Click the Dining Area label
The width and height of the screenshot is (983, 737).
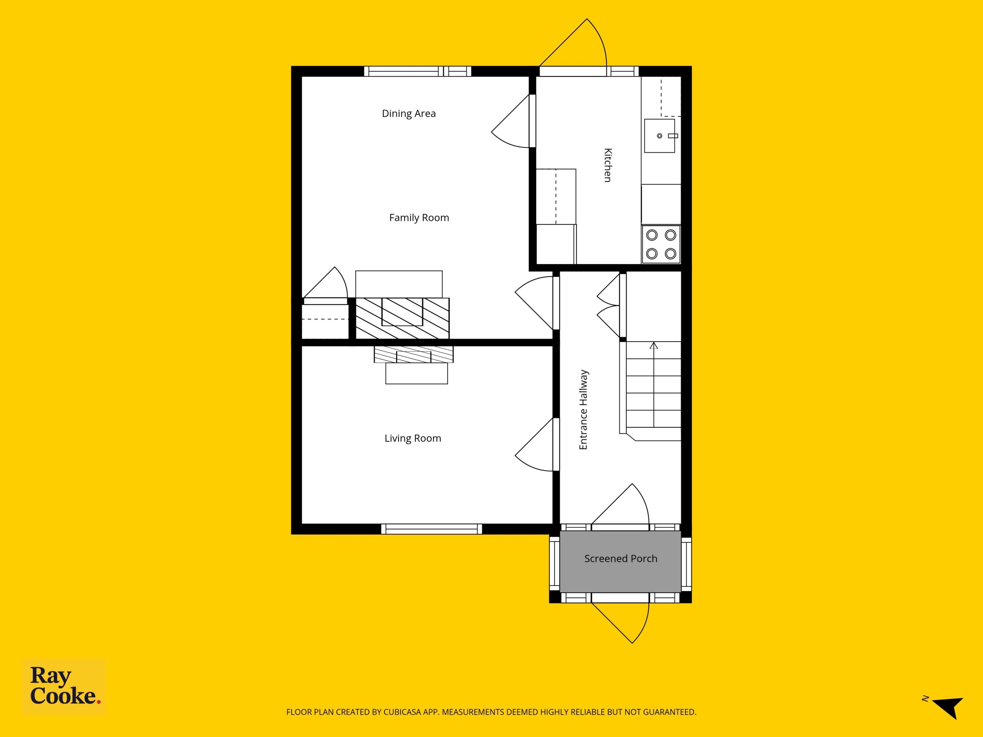coord(409,114)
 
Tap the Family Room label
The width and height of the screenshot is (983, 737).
coord(419,218)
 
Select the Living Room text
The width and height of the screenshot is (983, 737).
coord(413,438)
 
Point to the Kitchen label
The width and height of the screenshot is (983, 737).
coord(607,165)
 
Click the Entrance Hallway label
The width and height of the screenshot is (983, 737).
coord(584,410)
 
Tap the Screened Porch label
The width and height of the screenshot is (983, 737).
coord(621,559)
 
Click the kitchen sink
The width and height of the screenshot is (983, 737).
coord(660,136)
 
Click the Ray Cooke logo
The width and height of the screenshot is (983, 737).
coord(64,686)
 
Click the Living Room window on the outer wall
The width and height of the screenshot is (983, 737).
coord(432,529)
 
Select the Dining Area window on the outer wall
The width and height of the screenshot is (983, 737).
coord(418,71)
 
